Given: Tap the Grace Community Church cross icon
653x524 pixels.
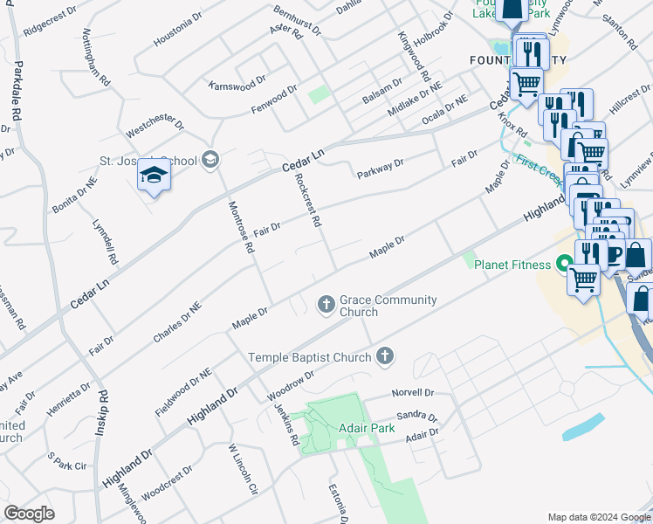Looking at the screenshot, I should (x=326, y=304).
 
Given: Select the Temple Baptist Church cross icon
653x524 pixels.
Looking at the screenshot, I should (x=385, y=355).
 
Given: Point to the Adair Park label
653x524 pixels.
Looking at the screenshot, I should (x=367, y=428).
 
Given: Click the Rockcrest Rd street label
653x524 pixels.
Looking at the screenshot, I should (x=308, y=200).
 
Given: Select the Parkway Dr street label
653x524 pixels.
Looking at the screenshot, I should (x=380, y=169).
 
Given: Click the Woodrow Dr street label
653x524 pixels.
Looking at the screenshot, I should (x=290, y=381).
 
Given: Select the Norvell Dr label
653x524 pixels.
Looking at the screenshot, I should (x=413, y=393).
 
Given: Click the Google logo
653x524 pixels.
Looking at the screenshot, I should (x=29, y=514).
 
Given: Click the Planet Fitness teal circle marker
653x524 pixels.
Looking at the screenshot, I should (x=564, y=262).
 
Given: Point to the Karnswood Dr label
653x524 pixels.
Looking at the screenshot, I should (x=237, y=84).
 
